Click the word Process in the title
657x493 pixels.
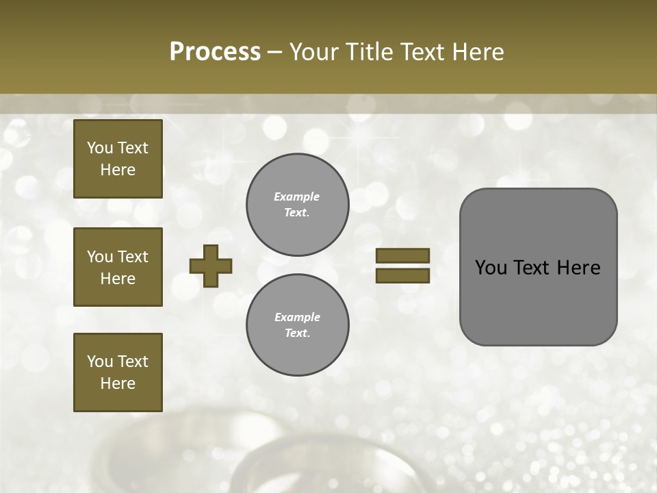pyautogui.click(x=215, y=52)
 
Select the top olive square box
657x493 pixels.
pyautogui.click(x=118, y=159)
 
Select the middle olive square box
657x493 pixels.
pyautogui.click(x=118, y=267)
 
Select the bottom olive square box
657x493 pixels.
pyautogui.click(x=118, y=372)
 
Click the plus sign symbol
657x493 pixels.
pyautogui.click(x=211, y=266)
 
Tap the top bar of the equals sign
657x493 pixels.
pyautogui.click(x=402, y=256)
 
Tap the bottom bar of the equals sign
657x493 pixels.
pyautogui.click(x=402, y=276)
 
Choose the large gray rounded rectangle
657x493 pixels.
pyautogui.click(x=538, y=301)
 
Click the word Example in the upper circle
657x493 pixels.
pyautogui.click(x=296, y=197)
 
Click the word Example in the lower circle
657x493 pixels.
pyautogui.click(x=297, y=317)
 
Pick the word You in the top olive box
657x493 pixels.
pyautogui.click(x=100, y=148)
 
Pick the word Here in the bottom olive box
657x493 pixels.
pyautogui.click(x=118, y=383)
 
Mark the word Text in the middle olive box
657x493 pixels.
pyautogui.click(x=133, y=257)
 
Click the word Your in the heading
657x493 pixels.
pyautogui.click(x=313, y=52)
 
